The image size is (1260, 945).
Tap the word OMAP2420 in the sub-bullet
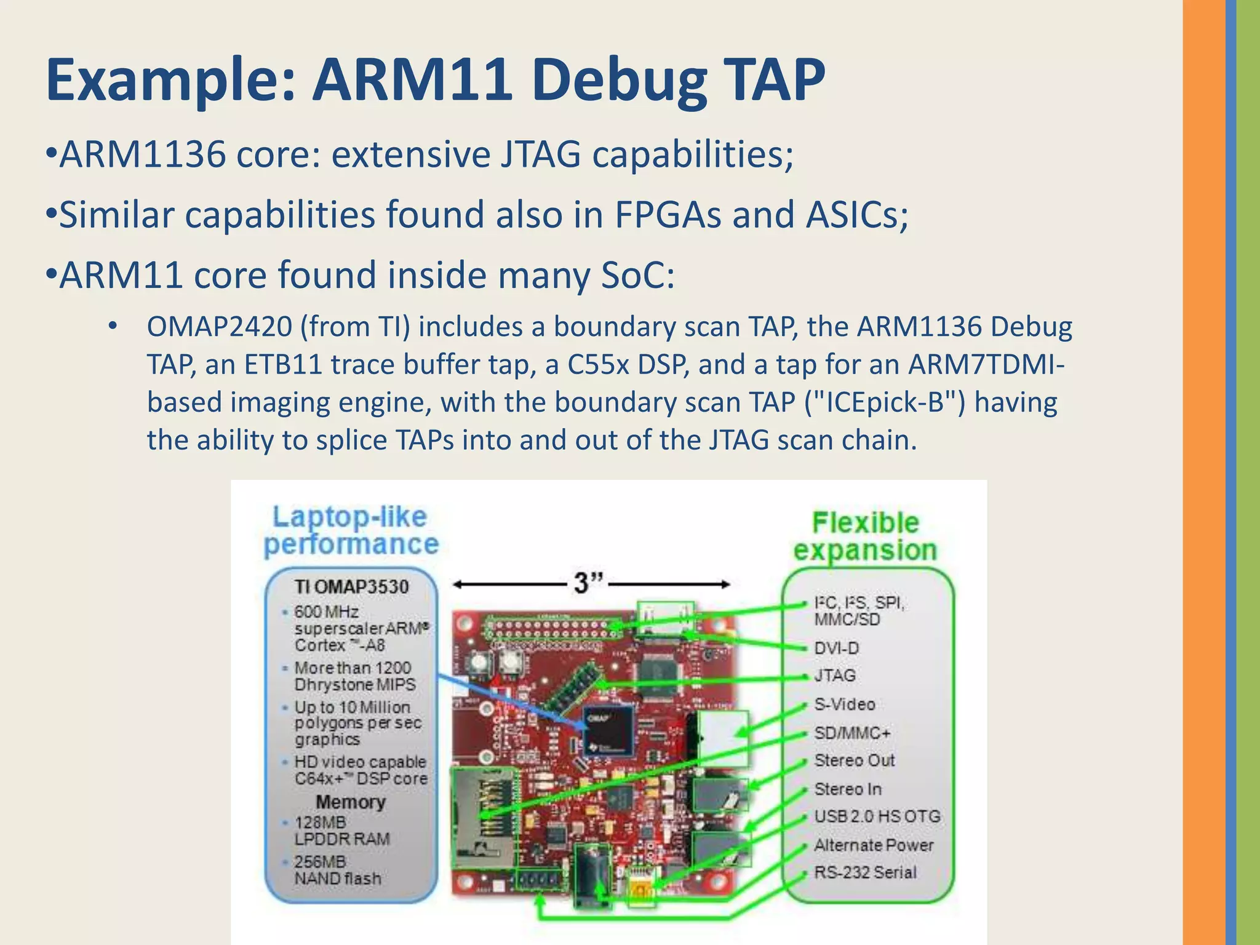(219, 327)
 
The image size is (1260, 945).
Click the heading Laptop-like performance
(351, 530)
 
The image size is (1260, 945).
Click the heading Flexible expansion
(865, 536)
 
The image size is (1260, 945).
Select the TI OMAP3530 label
(351, 586)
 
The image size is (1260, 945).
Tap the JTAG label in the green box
(835, 676)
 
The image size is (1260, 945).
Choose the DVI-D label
(836, 648)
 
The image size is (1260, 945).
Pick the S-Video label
(844, 704)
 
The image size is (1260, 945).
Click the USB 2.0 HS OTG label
(877, 816)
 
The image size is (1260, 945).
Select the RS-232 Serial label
(865, 872)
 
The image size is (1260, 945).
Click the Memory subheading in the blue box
(351, 802)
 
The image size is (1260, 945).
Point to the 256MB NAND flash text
(337, 870)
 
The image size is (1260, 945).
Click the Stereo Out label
(854, 760)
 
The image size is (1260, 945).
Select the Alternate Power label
(874, 845)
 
